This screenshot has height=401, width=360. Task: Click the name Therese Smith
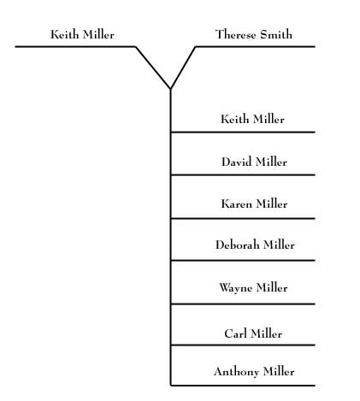coord(253,35)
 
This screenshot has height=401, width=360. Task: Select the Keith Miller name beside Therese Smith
coord(82,35)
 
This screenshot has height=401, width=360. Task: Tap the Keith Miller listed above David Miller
coord(252,120)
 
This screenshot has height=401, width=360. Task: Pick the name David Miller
coord(253,162)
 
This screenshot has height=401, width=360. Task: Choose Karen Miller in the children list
coord(253,204)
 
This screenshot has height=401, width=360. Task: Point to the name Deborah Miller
coord(254,245)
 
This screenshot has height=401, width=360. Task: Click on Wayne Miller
coord(253,288)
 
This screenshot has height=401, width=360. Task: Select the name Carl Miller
coord(253,333)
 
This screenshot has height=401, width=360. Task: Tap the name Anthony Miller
coord(253,372)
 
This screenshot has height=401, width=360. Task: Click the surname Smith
coord(275,35)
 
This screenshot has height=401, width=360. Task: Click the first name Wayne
coord(235,288)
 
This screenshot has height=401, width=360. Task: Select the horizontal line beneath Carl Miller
coord(244,345)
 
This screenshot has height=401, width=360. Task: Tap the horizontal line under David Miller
coord(244,174)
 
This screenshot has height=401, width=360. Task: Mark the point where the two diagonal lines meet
coord(171,88)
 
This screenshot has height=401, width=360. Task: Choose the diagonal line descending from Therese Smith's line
coord(184,67)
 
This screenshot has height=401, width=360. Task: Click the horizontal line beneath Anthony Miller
coord(244,386)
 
